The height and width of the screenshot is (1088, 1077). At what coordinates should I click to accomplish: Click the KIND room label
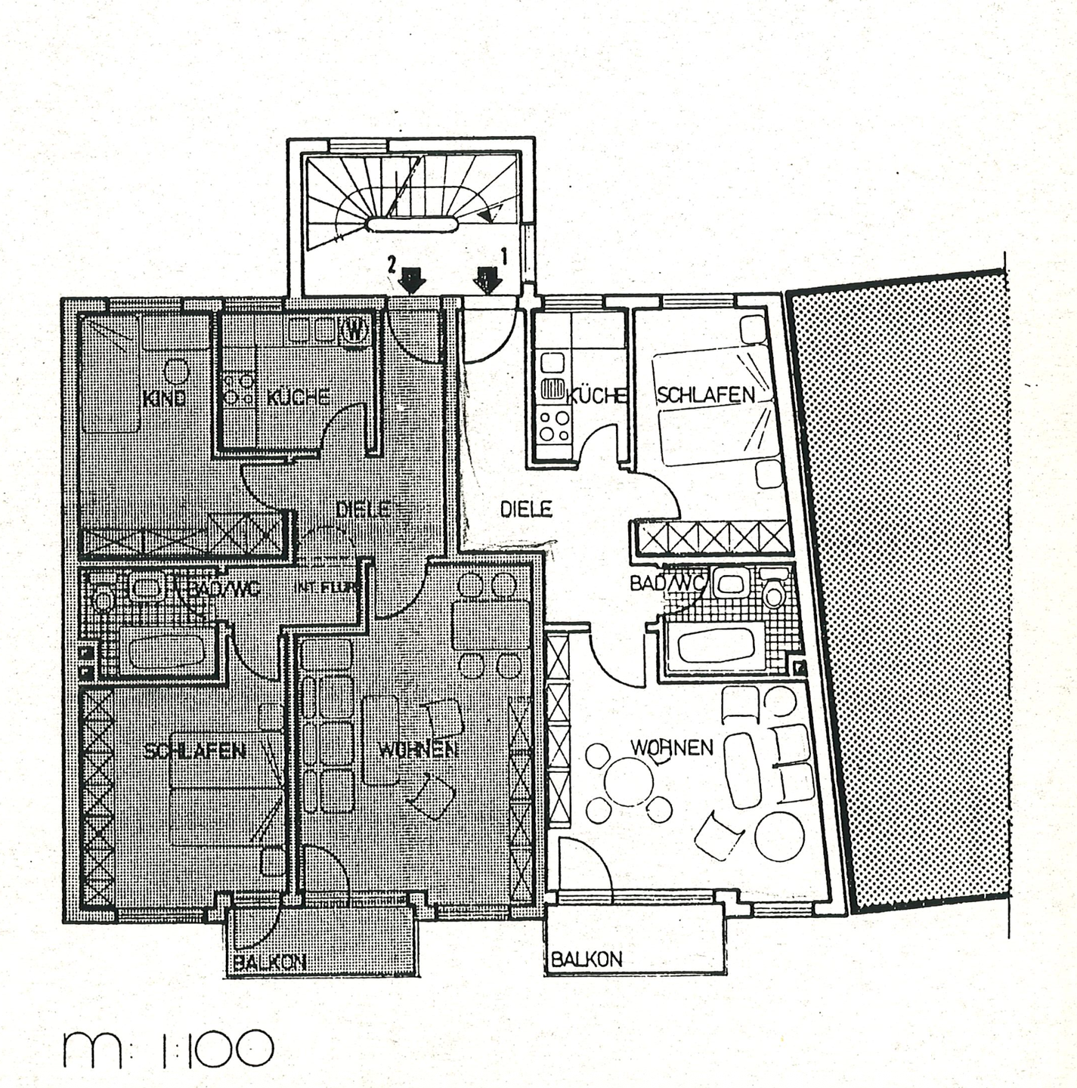coord(164,398)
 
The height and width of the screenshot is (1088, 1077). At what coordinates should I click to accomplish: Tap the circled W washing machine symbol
coord(354,329)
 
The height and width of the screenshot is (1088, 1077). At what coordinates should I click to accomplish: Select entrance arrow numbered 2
coord(412,280)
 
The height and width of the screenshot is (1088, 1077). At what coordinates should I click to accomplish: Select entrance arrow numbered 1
coord(487,280)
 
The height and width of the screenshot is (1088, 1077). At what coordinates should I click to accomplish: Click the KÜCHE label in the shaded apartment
coord(298,397)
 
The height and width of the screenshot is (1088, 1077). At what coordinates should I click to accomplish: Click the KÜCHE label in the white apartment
coord(597,396)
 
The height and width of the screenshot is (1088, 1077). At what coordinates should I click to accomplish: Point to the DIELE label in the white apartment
coord(526,509)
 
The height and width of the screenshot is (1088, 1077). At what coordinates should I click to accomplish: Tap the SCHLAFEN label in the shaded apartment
coord(194,750)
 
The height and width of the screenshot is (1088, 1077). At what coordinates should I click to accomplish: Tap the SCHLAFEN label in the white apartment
coord(706,394)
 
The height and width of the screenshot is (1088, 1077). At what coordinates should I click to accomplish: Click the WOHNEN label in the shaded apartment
coord(418,749)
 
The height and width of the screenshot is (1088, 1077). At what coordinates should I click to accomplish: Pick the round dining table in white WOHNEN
coord(629,782)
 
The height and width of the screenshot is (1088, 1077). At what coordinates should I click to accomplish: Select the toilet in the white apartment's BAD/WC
coord(774,593)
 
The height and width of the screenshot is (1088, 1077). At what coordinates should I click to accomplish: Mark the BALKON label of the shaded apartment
coord(269,963)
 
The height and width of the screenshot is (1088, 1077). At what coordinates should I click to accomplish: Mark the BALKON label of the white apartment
coord(586,960)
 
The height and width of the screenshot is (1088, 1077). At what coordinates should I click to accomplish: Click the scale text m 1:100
coord(168,1048)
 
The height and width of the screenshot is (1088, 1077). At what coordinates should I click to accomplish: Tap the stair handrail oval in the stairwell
coord(412,223)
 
